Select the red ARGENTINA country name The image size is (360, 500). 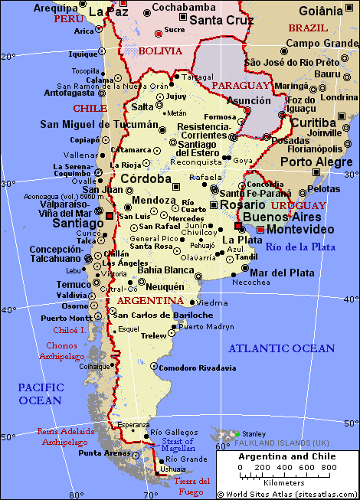click(150, 300)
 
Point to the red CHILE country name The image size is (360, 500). click(90, 108)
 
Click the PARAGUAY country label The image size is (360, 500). click(241, 85)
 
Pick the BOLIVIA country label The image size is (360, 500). click(160, 51)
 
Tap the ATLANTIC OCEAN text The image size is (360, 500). click(283, 348)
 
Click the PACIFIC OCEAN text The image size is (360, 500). click(40, 394)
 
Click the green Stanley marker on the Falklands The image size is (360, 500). click(237, 434)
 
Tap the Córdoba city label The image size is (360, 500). click(146, 178)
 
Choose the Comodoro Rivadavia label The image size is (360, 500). click(197, 368)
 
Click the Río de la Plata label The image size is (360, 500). click(300, 247)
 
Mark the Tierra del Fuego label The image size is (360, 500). click(191, 485)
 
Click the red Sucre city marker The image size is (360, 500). click(159, 33)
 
